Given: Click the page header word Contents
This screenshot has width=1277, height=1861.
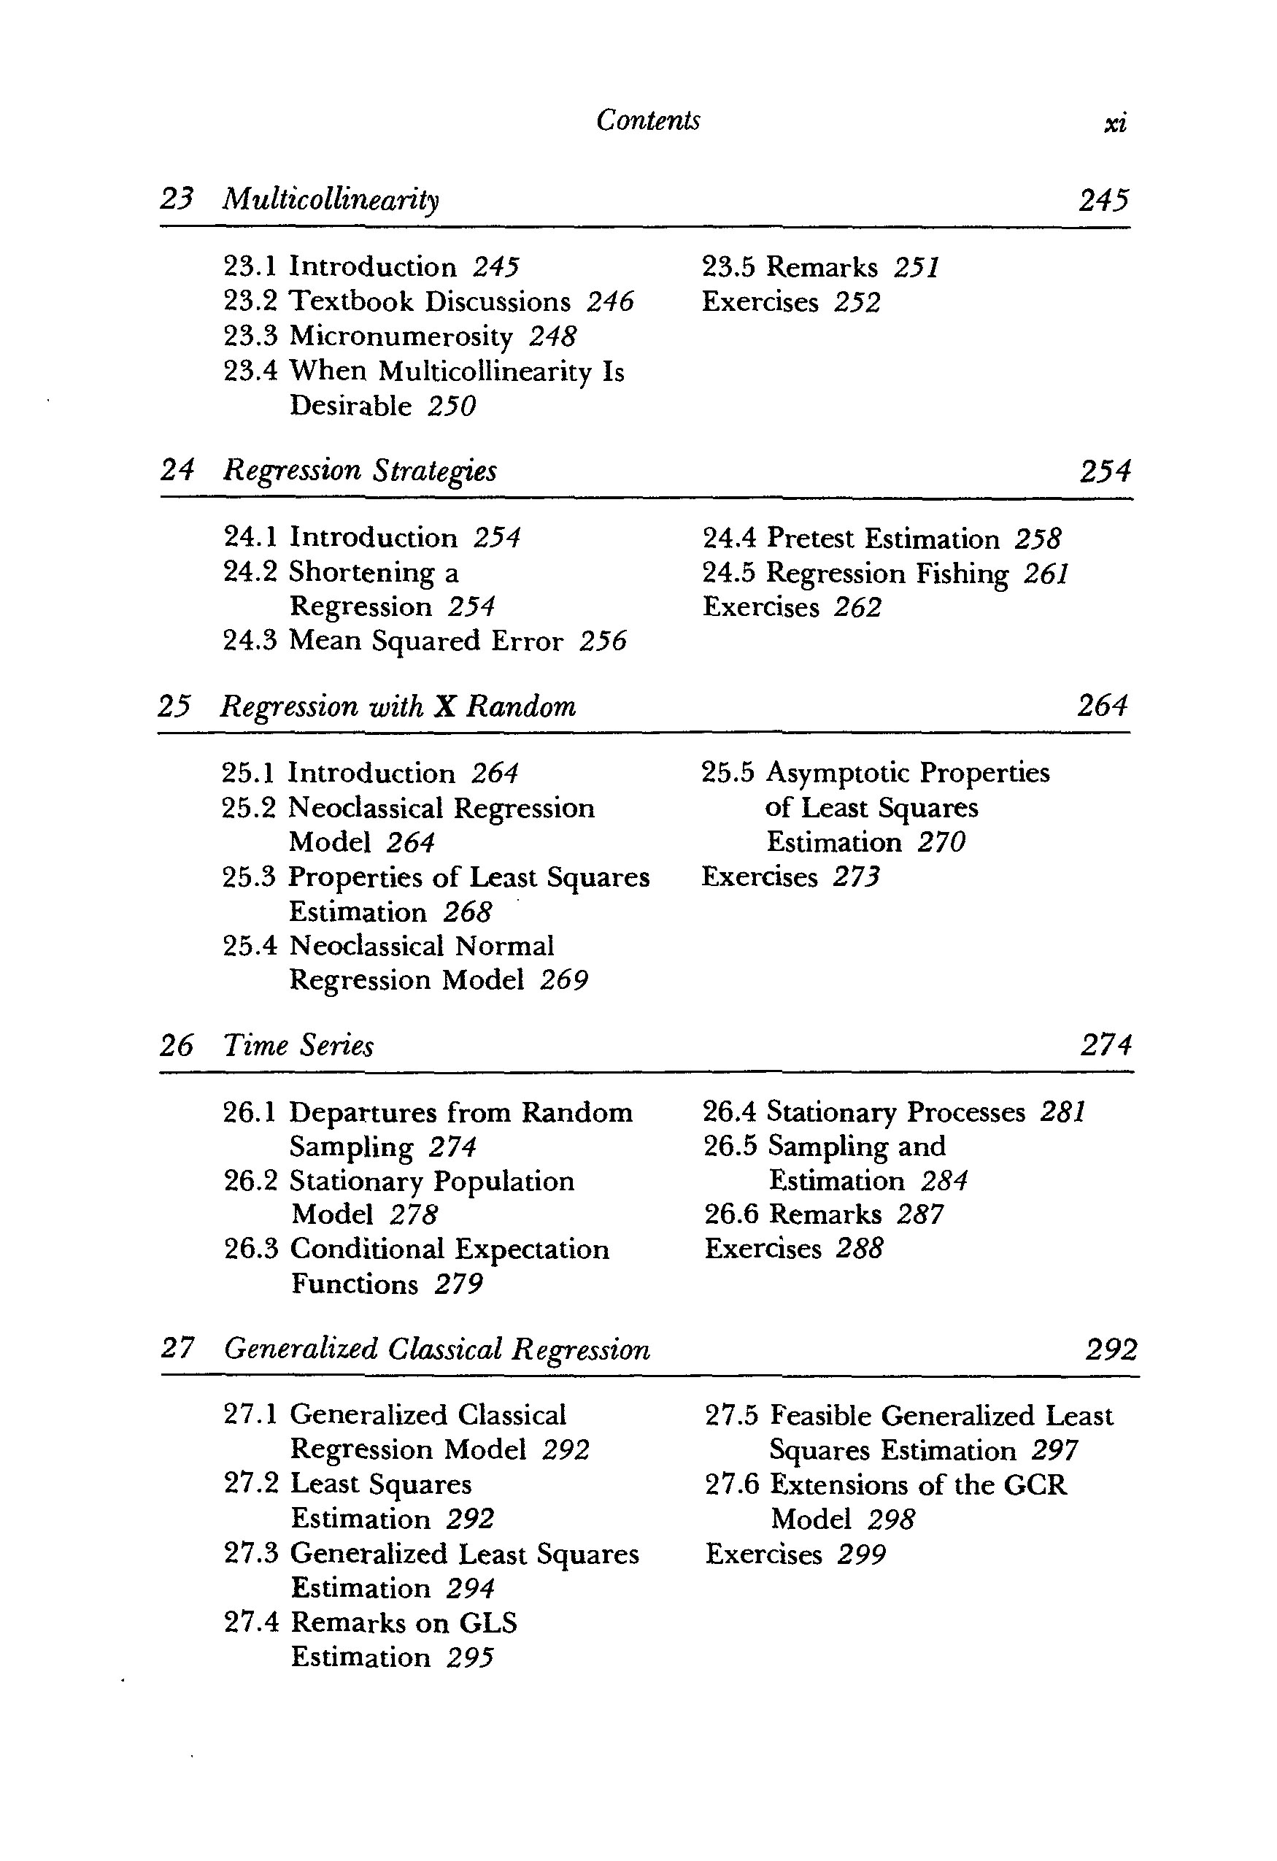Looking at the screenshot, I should [648, 120].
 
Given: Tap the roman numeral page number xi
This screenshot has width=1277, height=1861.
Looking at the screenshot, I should [1114, 123].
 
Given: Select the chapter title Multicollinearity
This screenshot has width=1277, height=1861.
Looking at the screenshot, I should [331, 199].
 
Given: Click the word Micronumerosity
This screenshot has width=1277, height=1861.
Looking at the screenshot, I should [401, 336].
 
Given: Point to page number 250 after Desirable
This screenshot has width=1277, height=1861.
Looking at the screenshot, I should [452, 406].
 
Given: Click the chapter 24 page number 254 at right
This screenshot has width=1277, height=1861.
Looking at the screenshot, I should [1105, 471].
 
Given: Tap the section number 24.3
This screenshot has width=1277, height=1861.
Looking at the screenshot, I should [250, 641].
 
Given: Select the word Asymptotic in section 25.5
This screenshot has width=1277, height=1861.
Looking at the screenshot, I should [838, 773].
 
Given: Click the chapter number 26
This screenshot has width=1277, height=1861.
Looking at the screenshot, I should [176, 1045].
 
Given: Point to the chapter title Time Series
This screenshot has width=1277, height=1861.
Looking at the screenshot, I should [298, 1045].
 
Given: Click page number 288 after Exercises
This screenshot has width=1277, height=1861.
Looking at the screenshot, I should [859, 1249].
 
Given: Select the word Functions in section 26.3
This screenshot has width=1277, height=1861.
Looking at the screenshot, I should [354, 1284].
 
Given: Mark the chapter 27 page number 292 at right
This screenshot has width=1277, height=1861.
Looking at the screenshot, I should [1111, 1350].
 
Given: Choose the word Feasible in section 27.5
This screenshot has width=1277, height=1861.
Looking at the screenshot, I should [822, 1416].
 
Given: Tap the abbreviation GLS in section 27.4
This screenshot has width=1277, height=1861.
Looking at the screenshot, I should [487, 1622].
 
